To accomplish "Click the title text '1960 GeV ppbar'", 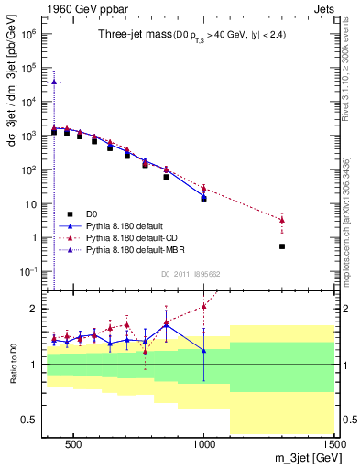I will [75, 9].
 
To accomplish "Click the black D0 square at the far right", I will [282, 246].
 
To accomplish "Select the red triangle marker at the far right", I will [282, 220].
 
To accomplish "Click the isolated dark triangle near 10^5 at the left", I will [54, 82].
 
